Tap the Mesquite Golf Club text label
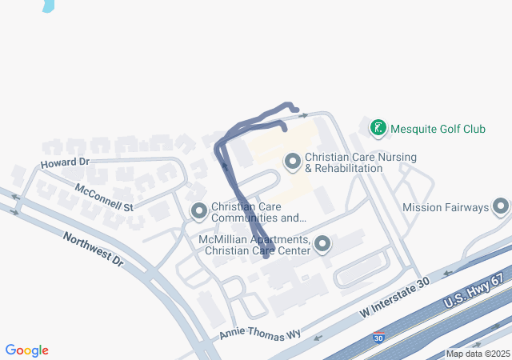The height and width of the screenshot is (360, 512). click(x=438, y=129)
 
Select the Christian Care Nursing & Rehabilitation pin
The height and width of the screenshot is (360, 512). click(x=292, y=162)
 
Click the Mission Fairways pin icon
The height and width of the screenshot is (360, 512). click(x=501, y=207)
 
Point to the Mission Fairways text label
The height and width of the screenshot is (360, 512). click(x=446, y=208)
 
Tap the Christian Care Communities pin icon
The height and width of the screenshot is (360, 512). click(x=198, y=211)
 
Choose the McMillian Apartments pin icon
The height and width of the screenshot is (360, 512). click(x=322, y=245)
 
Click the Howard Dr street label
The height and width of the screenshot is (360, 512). click(x=64, y=162)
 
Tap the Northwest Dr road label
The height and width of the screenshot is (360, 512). click(x=94, y=249)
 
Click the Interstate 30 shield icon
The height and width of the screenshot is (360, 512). click(x=378, y=339)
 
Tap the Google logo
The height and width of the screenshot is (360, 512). click(x=27, y=350)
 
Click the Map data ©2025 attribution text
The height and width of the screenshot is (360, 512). click(x=478, y=354)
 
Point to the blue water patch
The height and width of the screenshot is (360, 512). click(x=49, y=5)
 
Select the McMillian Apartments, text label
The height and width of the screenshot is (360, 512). click(x=254, y=240)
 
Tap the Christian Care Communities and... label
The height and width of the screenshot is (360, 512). click(x=258, y=212)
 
